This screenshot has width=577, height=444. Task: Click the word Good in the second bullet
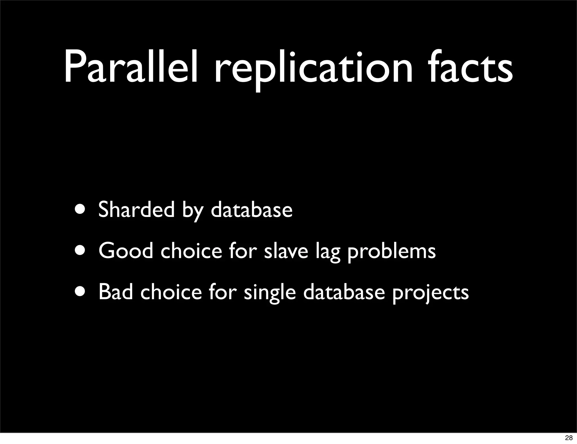click(x=126, y=250)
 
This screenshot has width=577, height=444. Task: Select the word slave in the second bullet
click(x=286, y=251)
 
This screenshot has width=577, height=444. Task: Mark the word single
click(x=270, y=293)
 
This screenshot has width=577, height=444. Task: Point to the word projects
click(x=430, y=293)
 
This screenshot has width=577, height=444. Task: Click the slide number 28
click(x=569, y=438)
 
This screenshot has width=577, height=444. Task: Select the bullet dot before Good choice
click(x=81, y=250)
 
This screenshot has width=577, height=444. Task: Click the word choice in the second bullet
click(x=191, y=250)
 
